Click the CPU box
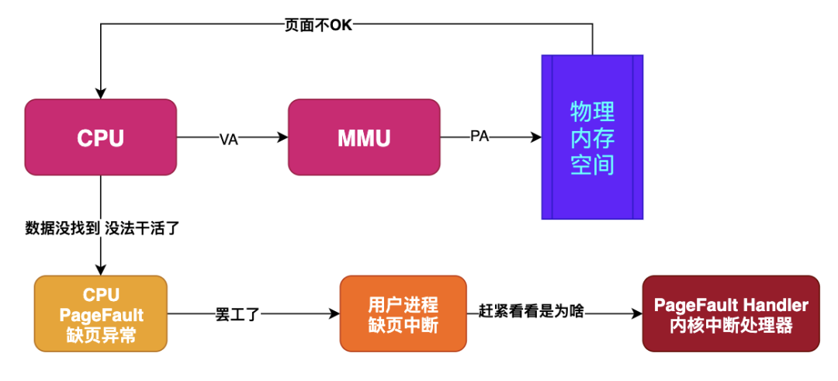[x=101, y=137]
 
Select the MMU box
[x=364, y=137]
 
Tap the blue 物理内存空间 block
[x=592, y=137]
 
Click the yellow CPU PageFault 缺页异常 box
[x=101, y=313]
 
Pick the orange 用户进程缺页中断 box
[x=403, y=313]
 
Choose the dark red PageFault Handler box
[x=731, y=313]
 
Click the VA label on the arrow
[x=228, y=138]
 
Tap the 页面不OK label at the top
[x=319, y=24]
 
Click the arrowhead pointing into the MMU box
[x=282, y=137]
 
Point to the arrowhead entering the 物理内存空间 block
[x=535, y=137]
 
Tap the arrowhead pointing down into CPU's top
[x=101, y=93]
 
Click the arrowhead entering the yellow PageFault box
[x=101, y=270]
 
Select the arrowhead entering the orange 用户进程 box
[x=334, y=313]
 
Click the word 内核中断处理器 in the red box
[x=731, y=326]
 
